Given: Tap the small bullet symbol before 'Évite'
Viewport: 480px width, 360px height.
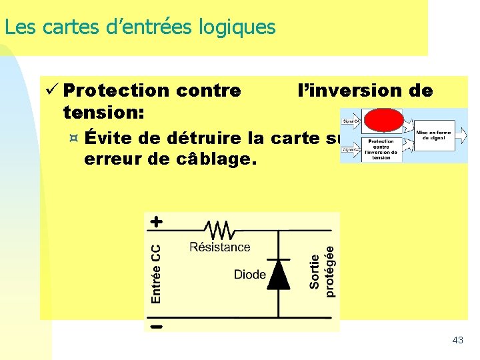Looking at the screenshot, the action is click(x=74, y=138).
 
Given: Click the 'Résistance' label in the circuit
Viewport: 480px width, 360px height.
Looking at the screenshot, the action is click(x=219, y=247).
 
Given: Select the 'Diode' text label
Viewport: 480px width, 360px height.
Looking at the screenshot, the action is click(x=250, y=274).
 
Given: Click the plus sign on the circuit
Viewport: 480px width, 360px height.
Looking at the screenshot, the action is click(x=156, y=221).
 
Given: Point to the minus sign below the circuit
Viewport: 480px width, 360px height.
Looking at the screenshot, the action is click(x=156, y=326).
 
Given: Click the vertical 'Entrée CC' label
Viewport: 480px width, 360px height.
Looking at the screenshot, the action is click(x=155, y=273).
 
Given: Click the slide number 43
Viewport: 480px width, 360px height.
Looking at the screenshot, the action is click(x=457, y=340).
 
